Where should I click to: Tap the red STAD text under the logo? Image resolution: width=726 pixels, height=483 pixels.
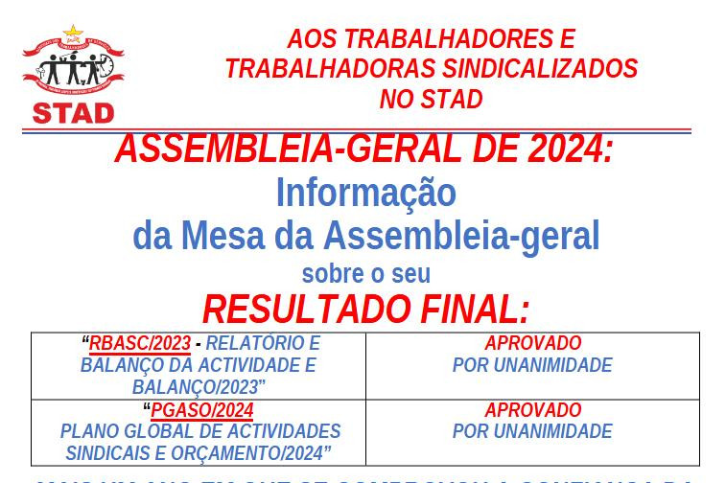[x=73, y=112]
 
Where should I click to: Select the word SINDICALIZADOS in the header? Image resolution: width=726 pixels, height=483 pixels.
[x=538, y=69]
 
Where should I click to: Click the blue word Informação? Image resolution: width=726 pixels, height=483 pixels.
[x=365, y=193]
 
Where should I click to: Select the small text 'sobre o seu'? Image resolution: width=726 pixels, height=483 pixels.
[x=365, y=274]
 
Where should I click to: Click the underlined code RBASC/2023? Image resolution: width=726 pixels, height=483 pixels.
[x=140, y=344]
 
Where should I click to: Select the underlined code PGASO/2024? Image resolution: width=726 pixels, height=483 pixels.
[x=202, y=411]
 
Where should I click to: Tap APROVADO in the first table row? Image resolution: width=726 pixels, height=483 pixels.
[x=532, y=343]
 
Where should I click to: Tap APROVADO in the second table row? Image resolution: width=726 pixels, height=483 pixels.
[x=532, y=410]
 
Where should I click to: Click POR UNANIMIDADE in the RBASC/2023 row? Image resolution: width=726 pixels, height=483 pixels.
[x=532, y=365]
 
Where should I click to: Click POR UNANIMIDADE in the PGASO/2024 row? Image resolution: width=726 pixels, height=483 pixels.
[x=532, y=432]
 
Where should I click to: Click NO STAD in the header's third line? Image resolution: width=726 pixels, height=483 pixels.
[x=432, y=99]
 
